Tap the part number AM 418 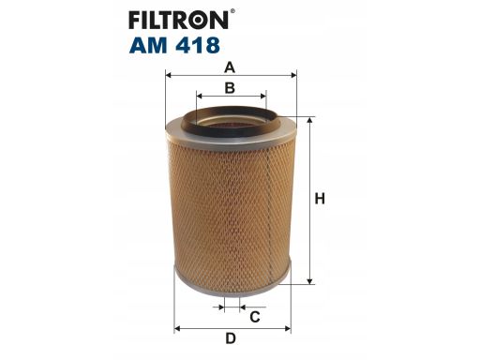174,45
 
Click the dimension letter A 230,67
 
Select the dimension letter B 230,88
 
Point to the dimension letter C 255,317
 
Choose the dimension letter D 231,338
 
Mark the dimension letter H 320,199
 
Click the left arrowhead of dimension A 169,75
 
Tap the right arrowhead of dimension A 293,75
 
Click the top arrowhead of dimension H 309,121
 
